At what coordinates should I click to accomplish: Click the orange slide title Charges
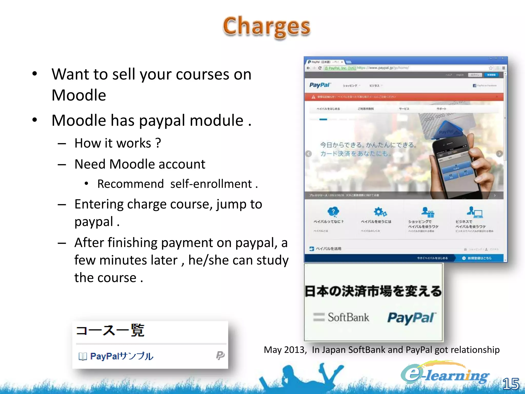pyautogui.click(x=267, y=27)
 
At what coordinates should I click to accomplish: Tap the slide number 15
pyautogui.click(x=511, y=384)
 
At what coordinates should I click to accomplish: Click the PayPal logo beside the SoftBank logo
pyautogui.click(x=412, y=318)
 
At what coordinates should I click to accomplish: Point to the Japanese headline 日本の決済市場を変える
pyautogui.click(x=373, y=291)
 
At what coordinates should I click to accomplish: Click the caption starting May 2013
pyautogui.click(x=381, y=350)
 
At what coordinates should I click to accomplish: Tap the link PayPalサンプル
pyautogui.click(x=122, y=356)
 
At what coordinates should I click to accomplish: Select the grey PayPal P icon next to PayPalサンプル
pyautogui.click(x=220, y=355)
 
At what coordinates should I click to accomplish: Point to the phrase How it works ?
pyautogui.click(x=118, y=143)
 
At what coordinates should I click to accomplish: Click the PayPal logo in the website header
pyautogui.click(x=320, y=85)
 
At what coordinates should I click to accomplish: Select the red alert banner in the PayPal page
pyautogui.click(x=404, y=97)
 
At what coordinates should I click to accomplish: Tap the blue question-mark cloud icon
pyautogui.click(x=333, y=212)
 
